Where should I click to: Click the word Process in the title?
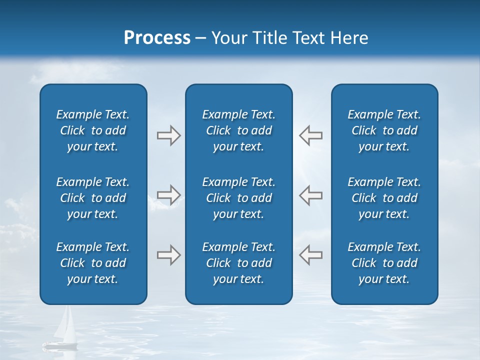157,38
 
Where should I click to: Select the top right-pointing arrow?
168,135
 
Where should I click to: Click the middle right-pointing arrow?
168,195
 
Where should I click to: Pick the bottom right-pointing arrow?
168,255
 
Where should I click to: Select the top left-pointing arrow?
310,135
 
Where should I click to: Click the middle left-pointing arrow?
310,195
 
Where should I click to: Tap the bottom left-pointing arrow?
310,255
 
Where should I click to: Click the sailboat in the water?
62,330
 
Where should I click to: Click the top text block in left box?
93,130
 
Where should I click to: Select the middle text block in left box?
93,198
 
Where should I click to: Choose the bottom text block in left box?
93,263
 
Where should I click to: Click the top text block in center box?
238,130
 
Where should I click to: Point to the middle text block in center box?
238,198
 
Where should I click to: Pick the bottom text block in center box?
238,263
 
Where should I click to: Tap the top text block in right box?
384,130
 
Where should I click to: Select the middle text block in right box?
384,198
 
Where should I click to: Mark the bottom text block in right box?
384,263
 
